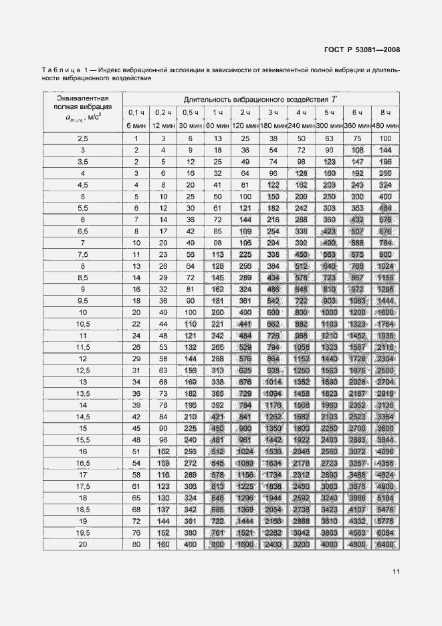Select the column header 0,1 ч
(x=136, y=112)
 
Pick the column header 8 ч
(x=385, y=112)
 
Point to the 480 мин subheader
(x=385, y=125)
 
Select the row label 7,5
(x=84, y=254)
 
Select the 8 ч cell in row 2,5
(x=385, y=138)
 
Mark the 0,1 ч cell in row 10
(x=136, y=312)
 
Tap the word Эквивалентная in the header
(x=84, y=98)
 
